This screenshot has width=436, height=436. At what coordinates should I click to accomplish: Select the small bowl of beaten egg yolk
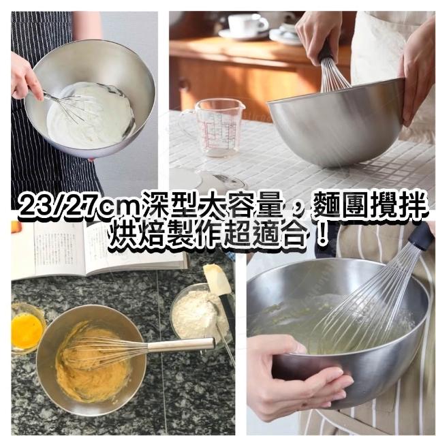point(28,328)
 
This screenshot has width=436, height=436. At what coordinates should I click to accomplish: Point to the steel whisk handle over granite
point(181,345)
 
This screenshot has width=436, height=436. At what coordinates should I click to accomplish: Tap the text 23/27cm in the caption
point(80,206)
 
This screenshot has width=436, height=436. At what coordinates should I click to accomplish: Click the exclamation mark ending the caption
point(322,235)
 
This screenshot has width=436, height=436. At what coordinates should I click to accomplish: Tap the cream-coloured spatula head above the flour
point(217,279)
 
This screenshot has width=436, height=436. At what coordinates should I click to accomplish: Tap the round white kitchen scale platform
point(186,178)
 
